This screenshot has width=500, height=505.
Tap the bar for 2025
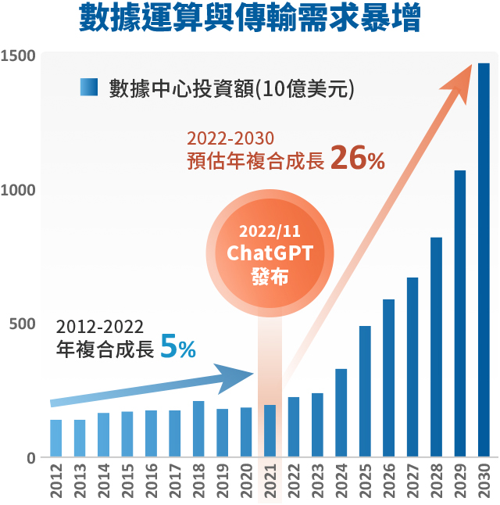point(365,391)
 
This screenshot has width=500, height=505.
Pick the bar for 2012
point(56,439)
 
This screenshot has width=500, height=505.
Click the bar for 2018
point(198,429)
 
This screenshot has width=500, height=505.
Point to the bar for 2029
point(460,313)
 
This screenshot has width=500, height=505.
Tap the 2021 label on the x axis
point(270,482)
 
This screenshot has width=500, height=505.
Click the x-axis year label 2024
point(341,482)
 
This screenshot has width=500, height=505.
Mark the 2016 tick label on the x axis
point(152,482)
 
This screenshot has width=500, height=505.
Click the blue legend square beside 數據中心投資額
point(87,87)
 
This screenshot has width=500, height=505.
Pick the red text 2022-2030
point(230,138)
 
